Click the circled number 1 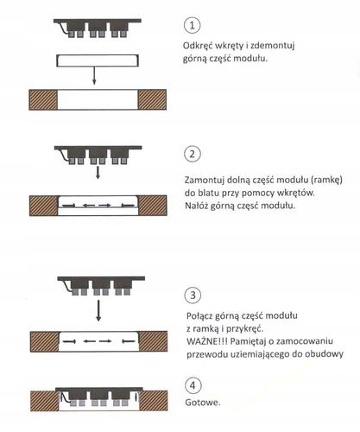192,25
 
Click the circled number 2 193,154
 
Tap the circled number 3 193,295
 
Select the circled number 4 193,385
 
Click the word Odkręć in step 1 198,46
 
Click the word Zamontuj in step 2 204,181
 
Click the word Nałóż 196,206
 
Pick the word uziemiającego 260,354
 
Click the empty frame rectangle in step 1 98,54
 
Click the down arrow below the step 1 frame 94,76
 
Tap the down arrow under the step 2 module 98,172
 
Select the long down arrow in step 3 98,310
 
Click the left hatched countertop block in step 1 43,99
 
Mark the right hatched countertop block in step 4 154,401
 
